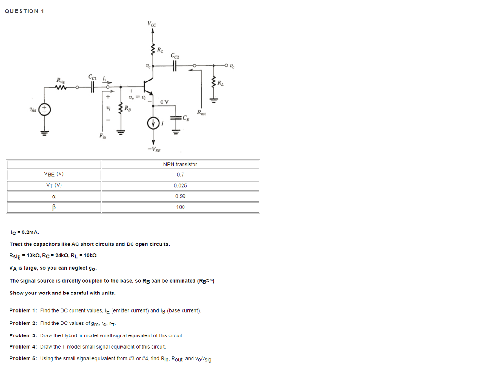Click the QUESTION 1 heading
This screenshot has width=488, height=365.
[x=24, y=11]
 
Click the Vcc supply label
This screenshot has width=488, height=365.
[x=152, y=24]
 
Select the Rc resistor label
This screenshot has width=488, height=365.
[x=161, y=49]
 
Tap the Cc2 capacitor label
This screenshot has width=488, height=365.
[x=175, y=56]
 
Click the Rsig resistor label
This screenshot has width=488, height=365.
[x=61, y=80]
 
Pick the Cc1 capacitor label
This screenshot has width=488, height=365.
[x=92, y=77]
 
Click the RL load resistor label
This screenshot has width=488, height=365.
[x=220, y=84]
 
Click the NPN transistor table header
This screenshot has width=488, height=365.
[x=180, y=164]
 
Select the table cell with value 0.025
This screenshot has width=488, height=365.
[x=180, y=186]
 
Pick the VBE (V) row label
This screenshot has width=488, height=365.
[x=54, y=174]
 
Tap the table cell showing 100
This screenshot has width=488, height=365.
[x=180, y=207]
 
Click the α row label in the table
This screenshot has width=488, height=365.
[x=54, y=196]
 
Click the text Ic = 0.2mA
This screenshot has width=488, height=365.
[x=24, y=233]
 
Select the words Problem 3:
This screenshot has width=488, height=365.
[x=23, y=335]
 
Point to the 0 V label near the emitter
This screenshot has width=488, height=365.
[x=164, y=102]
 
